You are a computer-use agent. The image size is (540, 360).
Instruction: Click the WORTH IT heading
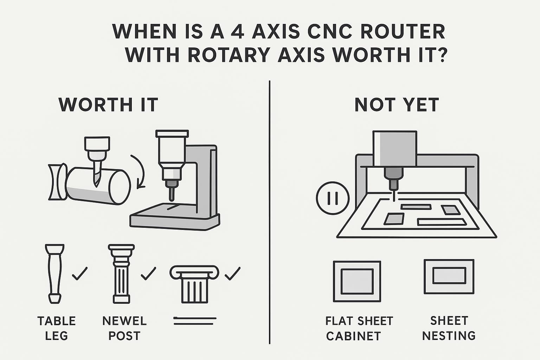[x=108, y=105]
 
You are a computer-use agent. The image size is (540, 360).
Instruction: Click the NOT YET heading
[x=397, y=105]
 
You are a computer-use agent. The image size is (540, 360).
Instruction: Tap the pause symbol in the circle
[x=333, y=198]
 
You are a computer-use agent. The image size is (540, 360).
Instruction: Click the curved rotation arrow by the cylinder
[x=140, y=171]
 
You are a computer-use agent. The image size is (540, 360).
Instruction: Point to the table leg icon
[x=55, y=274]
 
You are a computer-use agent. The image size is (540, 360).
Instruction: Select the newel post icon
[x=122, y=274]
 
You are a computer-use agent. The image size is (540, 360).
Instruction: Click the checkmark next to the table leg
[x=80, y=274]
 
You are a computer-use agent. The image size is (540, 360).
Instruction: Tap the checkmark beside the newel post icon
[x=148, y=274]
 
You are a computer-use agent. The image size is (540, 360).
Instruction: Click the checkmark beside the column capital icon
[x=233, y=274]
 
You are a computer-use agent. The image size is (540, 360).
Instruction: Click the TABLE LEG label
[x=57, y=328]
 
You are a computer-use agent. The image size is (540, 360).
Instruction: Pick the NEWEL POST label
[x=125, y=328]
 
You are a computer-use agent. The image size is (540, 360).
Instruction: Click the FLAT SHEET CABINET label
[x=359, y=328]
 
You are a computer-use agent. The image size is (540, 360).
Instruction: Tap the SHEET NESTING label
[x=449, y=328]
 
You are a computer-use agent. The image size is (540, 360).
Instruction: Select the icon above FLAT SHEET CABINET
[x=357, y=281]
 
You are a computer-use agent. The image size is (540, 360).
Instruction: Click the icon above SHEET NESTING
[x=449, y=277]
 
